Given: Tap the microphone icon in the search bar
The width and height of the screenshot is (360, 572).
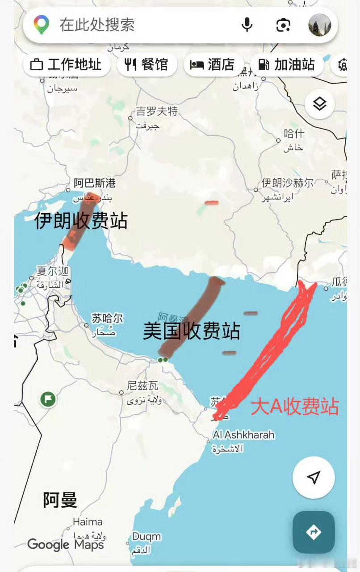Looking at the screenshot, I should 247,25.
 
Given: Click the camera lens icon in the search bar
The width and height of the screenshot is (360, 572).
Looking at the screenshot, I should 283,25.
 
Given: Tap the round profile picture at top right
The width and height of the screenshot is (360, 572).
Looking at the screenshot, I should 320,25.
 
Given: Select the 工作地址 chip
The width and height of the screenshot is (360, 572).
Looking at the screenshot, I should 66,65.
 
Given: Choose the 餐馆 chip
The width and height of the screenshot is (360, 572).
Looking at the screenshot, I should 147,65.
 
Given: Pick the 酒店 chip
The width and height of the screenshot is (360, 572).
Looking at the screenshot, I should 213,65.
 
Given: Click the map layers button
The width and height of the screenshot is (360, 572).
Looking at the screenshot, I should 320,104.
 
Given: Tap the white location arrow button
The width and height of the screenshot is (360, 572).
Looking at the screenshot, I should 314,477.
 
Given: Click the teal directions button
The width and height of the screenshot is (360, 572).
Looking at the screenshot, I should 314,532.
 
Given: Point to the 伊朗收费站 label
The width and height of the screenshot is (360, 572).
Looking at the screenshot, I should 81,221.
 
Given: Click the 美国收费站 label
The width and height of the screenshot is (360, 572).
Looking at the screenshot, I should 192,331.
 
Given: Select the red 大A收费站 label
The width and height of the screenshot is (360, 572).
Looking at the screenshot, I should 295,407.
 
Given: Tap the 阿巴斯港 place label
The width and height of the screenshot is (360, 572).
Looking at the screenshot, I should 95,183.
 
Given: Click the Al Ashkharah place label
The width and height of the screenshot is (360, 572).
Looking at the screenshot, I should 244,435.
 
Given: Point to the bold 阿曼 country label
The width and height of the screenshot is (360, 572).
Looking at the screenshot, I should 60,500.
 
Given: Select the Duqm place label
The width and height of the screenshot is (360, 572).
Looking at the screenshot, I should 147,536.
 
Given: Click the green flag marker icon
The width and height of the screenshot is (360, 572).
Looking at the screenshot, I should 48,399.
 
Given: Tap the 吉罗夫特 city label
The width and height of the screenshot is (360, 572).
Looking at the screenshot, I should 157,111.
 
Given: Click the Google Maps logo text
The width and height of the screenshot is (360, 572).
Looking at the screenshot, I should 66,544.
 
